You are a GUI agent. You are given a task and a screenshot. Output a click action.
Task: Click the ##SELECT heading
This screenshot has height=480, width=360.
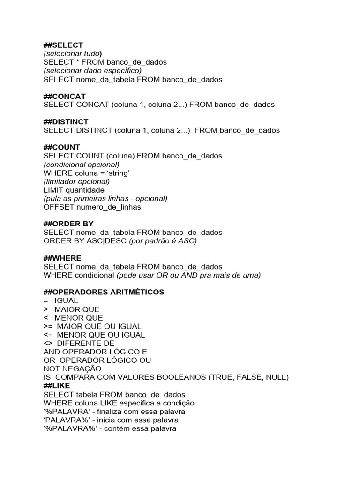(x=63, y=45)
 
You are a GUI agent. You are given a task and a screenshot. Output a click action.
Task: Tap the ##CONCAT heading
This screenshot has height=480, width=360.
(x=65, y=96)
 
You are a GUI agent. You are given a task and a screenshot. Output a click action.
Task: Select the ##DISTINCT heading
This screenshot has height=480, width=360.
(x=66, y=122)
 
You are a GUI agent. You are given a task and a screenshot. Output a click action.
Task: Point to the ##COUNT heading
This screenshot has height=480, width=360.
(x=62, y=147)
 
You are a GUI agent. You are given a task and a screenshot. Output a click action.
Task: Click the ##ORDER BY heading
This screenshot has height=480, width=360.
(x=68, y=224)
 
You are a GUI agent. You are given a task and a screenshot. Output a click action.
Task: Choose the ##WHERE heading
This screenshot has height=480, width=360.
(x=62, y=258)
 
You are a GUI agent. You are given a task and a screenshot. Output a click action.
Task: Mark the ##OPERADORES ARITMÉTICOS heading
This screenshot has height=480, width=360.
(x=104, y=292)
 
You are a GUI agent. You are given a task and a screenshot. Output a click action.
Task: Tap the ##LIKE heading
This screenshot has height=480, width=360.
(x=57, y=386)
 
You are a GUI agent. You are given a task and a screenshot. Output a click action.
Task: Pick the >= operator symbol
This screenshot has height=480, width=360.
(x=48, y=326)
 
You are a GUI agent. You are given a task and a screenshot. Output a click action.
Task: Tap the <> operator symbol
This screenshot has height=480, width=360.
(x=48, y=344)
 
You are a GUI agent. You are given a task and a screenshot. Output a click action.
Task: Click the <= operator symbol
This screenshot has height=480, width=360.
(x=48, y=335)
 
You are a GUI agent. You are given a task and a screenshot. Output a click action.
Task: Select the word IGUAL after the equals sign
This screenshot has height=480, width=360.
(x=66, y=300)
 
